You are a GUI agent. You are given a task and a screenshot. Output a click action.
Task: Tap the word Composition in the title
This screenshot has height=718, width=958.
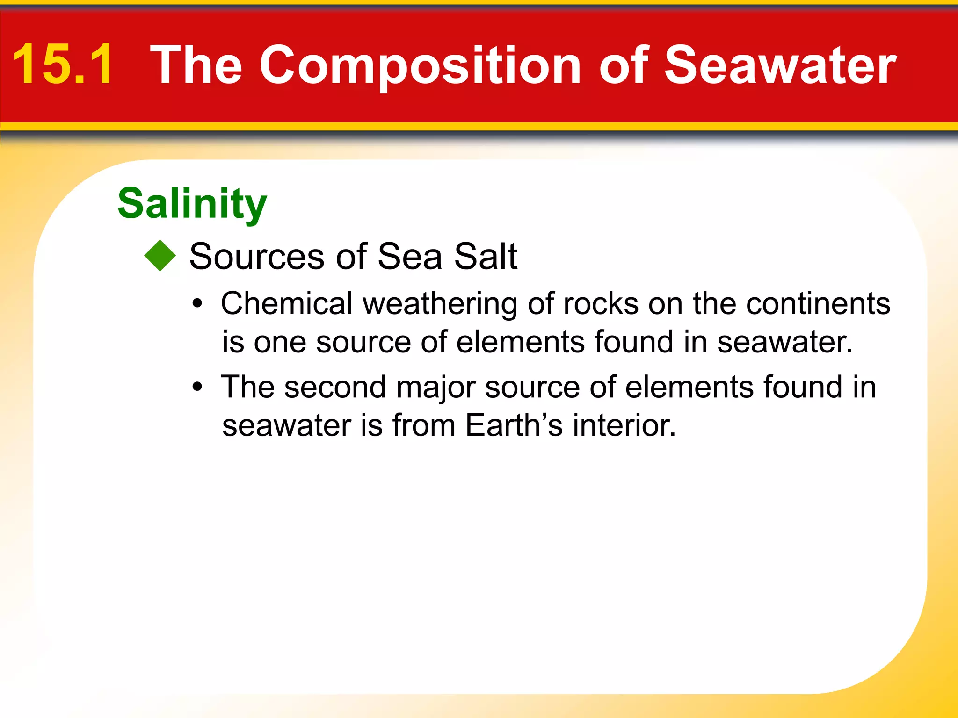[x=420, y=65]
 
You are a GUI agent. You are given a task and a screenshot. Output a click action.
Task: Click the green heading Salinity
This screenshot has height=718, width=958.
[x=192, y=204]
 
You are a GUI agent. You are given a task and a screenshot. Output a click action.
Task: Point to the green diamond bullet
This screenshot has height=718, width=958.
[x=160, y=256]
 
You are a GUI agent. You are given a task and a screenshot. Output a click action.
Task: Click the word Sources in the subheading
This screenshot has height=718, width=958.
[x=256, y=257]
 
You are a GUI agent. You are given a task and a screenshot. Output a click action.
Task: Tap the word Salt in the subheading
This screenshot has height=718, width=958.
[x=485, y=257]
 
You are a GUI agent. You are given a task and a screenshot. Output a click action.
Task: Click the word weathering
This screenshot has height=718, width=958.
[x=440, y=304]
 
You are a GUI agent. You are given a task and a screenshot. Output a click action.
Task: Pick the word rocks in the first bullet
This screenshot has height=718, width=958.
[x=601, y=304]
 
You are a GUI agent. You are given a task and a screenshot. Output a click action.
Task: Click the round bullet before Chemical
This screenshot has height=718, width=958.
[x=197, y=304]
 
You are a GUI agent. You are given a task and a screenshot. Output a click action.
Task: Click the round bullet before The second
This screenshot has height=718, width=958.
[x=197, y=387]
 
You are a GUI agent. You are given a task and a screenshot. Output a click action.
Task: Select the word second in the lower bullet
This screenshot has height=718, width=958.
[x=335, y=388]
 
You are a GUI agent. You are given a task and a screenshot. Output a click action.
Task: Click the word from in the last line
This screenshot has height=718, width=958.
[x=424, y=425]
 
